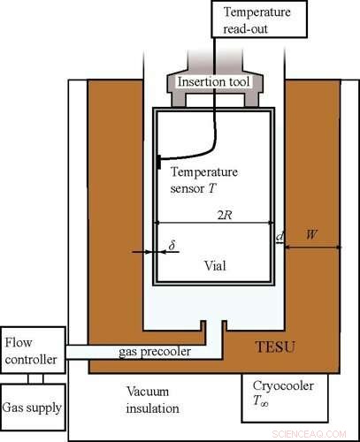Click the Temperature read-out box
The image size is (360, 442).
pos(259,19)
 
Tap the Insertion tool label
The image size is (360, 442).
pos(214,81)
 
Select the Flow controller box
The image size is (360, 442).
pos(33,350)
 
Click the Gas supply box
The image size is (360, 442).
pos(33,408)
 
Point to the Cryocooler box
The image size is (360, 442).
pos(285,398)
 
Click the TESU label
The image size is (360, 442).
pos(275,347)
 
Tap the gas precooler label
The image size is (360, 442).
pos(155,352)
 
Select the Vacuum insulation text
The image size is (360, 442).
pos(153,400)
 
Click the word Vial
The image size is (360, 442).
pos(216,266)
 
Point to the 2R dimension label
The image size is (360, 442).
pos(225,216)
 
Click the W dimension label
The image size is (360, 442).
pos(311,235)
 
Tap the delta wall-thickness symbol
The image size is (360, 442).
pos(172,244)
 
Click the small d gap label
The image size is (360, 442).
pos(280,236)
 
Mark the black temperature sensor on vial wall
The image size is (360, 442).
pos(159,162)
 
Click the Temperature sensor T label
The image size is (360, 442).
pos(204,180)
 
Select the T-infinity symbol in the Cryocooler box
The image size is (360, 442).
pos(261,401)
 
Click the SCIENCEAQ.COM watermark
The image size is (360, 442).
pos(309,434)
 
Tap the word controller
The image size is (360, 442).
pos(31,360)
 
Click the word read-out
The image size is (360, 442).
pos(245,29)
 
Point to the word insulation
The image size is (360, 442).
pos(153,408)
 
